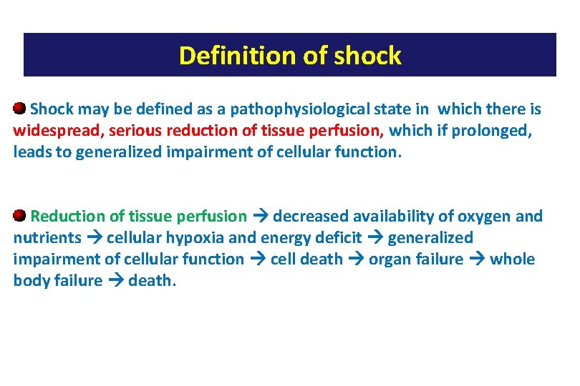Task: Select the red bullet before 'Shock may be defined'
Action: (20, 109)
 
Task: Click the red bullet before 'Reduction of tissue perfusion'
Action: (20, 215)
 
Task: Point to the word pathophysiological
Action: (320, 109)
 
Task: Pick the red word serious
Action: (134, 131)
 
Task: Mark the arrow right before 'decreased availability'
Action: (259, 216)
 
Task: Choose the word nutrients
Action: (47, 237)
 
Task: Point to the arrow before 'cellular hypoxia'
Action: (94, 237)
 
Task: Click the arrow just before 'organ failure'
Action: (355, 259)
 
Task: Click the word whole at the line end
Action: (513, 259)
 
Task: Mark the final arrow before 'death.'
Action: (115, 280)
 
